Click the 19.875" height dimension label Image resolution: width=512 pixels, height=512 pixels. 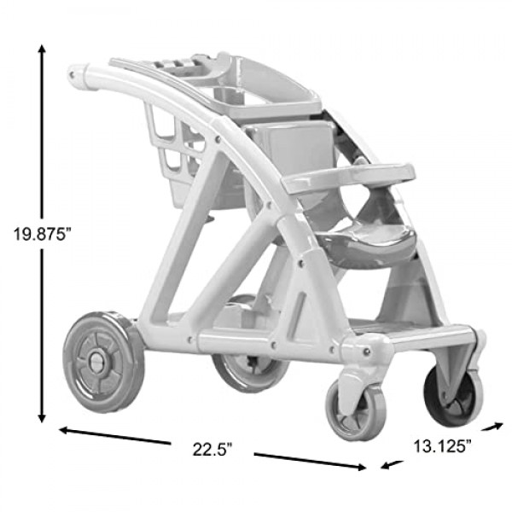pos(42,234)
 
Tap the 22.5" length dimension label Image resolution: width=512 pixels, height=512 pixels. pos(212,449)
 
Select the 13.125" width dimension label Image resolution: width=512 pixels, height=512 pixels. pos(442,446)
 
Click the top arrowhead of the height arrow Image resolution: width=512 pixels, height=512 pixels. pos(42,49)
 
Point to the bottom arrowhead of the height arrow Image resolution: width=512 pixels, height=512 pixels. pos(42,418)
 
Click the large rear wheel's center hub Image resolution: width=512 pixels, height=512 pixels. pos(96,362)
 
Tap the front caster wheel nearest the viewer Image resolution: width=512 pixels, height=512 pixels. pos(356,410)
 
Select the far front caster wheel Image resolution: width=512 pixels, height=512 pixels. pos(454,396)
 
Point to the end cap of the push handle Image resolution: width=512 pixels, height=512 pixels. pos(79,76)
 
